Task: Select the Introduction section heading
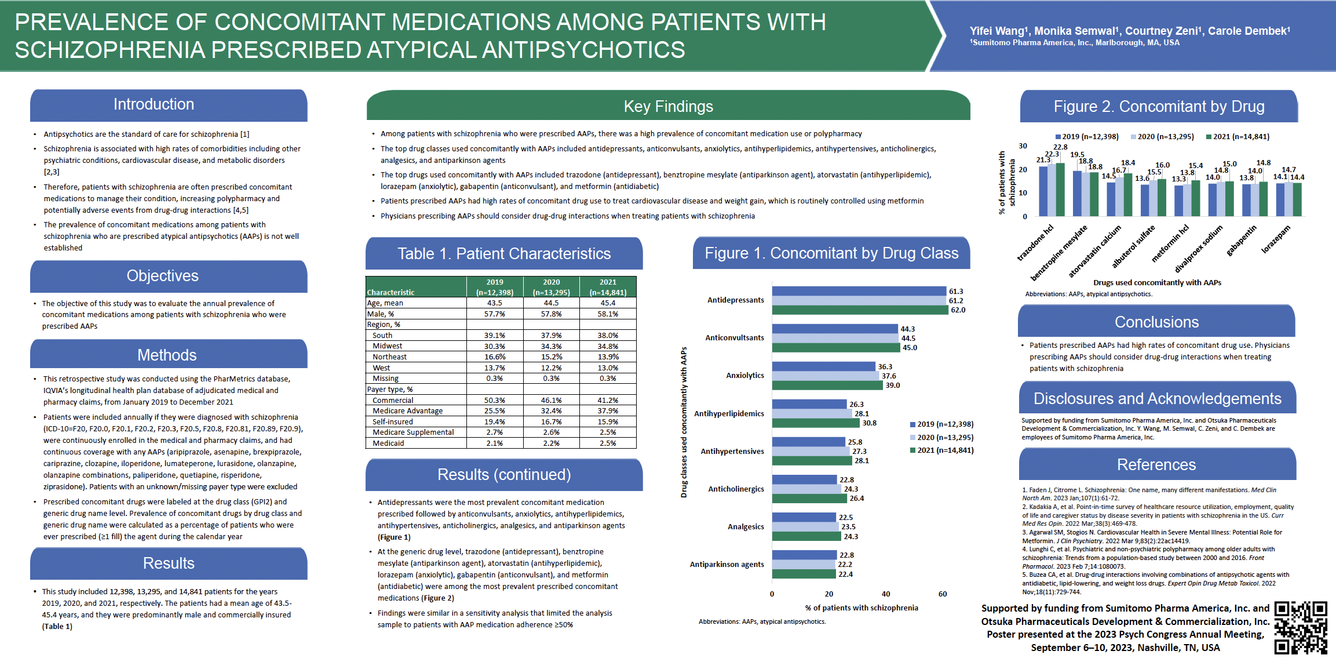tap(154, 104)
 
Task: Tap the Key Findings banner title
tap(668, 107)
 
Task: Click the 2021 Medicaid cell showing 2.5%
tap(608, 443)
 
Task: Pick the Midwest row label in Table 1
tap(387, 346)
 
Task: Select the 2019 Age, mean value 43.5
tap(494, 303)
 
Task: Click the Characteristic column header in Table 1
tap(390, 292)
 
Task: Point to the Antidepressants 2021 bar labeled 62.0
tap(860, 310)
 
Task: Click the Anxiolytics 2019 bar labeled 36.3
tap(823, 366)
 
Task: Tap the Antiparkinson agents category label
tap(727, 565)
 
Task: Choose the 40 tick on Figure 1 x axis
tap(886, 594)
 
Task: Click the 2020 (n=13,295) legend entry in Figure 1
tap(941, 438)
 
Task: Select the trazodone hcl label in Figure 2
tap(1035, 243)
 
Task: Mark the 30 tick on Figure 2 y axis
tap(1023, 146)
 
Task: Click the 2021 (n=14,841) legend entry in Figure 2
tap(1238, 137)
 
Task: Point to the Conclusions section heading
tap(1156, 322)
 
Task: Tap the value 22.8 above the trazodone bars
tap(1060, 147)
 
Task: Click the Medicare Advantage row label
tap(407, 411)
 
